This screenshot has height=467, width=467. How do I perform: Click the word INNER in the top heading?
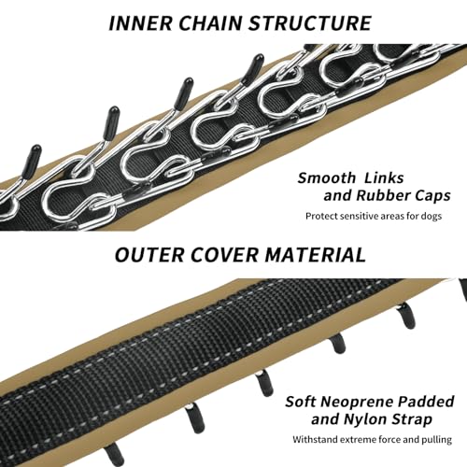pos(140,22)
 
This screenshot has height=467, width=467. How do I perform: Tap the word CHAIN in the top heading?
pos(210,22)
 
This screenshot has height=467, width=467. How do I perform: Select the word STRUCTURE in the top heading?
pos(310,22)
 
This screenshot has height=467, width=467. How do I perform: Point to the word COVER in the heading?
pos(224,255)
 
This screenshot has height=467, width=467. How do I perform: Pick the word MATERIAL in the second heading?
pos(316,255)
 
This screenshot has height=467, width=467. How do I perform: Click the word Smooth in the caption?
pos(326,178)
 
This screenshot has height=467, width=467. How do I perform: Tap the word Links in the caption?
pos(384,178)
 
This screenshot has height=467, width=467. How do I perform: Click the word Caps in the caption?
pos(432,196)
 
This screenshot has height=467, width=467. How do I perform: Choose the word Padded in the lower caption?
pos(426,402)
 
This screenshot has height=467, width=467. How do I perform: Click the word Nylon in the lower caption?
pos(365,419)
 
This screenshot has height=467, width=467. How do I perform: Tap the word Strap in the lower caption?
pos(412,419)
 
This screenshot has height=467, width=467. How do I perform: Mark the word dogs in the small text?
pos(432,216)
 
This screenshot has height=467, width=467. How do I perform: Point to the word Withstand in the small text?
pos(315,440)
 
